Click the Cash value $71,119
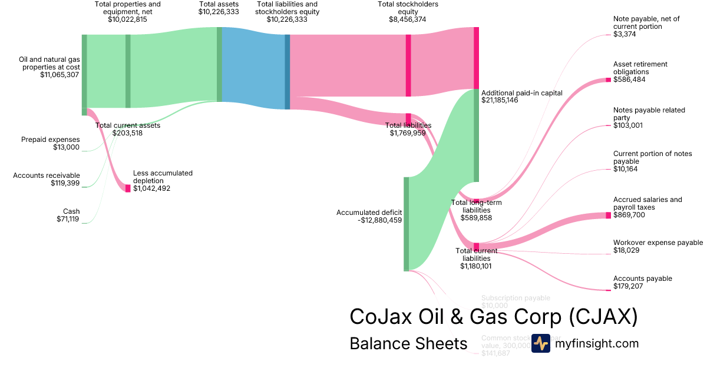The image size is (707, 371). click(65, 220)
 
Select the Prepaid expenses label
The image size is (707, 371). click(50, 140)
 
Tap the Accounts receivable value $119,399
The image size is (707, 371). click(65, 183)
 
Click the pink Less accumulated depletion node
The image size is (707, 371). click(128, 188)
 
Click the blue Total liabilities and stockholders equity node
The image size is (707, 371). click(288, 72)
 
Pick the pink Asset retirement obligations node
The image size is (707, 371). click(608, 79)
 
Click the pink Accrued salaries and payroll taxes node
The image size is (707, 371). click(608, 216)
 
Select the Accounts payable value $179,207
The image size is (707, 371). click(627, 286)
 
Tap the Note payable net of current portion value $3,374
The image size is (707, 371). click(625, 34)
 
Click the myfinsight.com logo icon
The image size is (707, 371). click(540, 343)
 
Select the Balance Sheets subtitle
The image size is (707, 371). click(408, 343)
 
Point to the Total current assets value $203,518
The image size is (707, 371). click(127, 133)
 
